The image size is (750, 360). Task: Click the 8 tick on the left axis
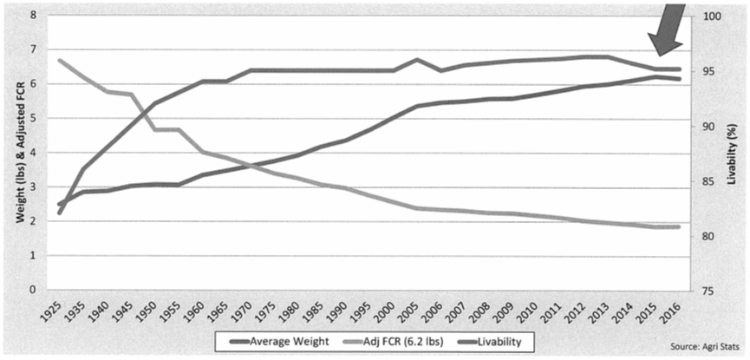[33, 15]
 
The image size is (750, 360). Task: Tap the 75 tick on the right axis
[704, 291]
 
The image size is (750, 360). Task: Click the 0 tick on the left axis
[33, 290]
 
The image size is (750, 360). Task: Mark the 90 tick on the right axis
[704, 126]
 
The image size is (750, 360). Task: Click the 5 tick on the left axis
[33, 118]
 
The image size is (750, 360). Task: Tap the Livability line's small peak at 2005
[417, 60]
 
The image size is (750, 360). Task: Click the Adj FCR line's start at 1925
[60, 61]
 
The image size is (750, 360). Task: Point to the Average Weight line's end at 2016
[678, 79]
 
